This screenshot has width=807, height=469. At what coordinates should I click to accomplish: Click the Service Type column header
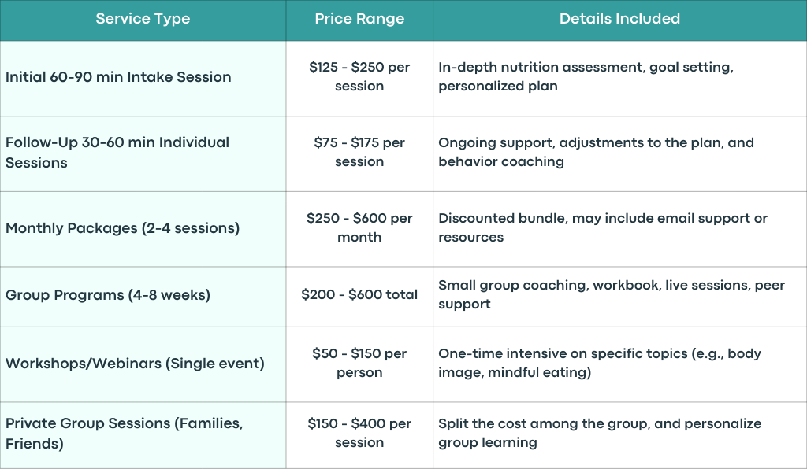[143, 19]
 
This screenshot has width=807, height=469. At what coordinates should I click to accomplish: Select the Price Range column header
[359, 19]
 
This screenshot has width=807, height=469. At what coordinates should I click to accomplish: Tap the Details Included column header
[619, 19]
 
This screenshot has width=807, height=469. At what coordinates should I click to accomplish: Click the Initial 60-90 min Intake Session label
[118, 77]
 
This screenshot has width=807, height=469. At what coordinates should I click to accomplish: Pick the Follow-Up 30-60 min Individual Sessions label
[117, 153]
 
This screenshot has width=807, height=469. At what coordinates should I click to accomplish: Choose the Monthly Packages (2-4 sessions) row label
[122, 228]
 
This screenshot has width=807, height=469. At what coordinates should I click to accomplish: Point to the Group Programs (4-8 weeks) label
[108, 295]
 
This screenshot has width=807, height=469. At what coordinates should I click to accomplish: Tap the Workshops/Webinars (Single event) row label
[135, 364]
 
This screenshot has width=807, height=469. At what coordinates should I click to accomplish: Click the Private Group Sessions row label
[124, 434]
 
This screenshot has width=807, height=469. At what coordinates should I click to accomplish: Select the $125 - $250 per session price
[359, 76]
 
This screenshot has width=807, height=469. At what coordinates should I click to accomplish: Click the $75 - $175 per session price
[359, 152]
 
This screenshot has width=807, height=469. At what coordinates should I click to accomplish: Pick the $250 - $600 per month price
[359, 227]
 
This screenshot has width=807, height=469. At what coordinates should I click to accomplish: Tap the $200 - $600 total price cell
[359, 294]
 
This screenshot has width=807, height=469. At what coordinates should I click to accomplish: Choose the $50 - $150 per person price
[359, 363]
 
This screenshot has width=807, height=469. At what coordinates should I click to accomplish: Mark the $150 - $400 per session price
[359, 433]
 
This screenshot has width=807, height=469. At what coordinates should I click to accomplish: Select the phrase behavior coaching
[501, 162]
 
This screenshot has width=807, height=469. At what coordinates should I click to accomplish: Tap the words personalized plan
[498, 87]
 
